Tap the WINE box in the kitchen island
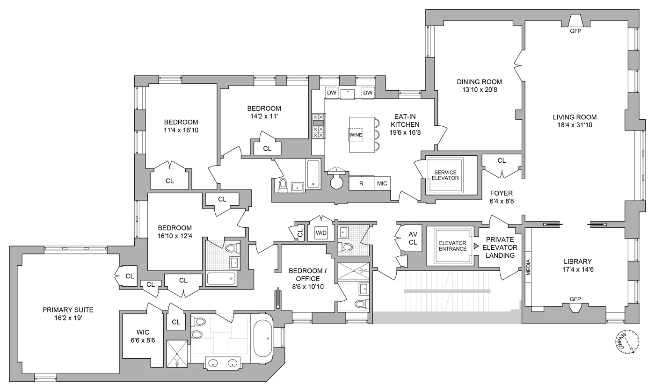[355, 135]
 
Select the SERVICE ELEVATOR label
[445, 175]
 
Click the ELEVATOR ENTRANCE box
[452, 246]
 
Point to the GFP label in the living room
[575, 31]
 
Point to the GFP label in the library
[575, 299]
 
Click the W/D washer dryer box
[321, 232]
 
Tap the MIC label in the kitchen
[382, 183]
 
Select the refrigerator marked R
[361, 183]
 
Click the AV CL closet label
[413, 238]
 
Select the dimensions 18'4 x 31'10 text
[575, 125]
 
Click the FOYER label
[501, 193]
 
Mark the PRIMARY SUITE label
[68, 310]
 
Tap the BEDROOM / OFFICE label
[305, 275]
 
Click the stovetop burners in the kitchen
[318, 126]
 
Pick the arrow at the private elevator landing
[476, 246]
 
